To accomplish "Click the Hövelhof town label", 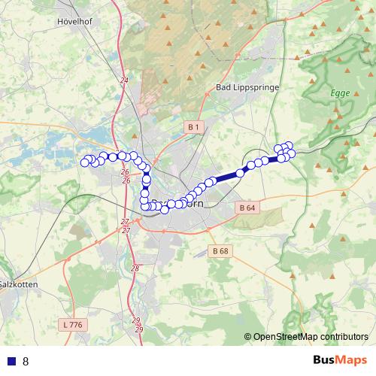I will [74, 22].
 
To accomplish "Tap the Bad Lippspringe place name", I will [247, 87].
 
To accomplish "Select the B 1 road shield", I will [194, 128].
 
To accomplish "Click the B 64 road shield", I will [246, 207].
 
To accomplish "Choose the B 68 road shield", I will [220, 250].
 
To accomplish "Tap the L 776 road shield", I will [72, 324].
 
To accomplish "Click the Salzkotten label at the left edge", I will [14, 285].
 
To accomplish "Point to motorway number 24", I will [124, 80].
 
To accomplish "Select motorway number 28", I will [135, 268].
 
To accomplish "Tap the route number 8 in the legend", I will [26, 361].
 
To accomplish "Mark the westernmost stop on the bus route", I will [85, 162].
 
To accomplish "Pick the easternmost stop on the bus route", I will [292, 153].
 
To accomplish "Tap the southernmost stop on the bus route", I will [165, 210].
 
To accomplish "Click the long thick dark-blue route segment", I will [226, 177].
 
